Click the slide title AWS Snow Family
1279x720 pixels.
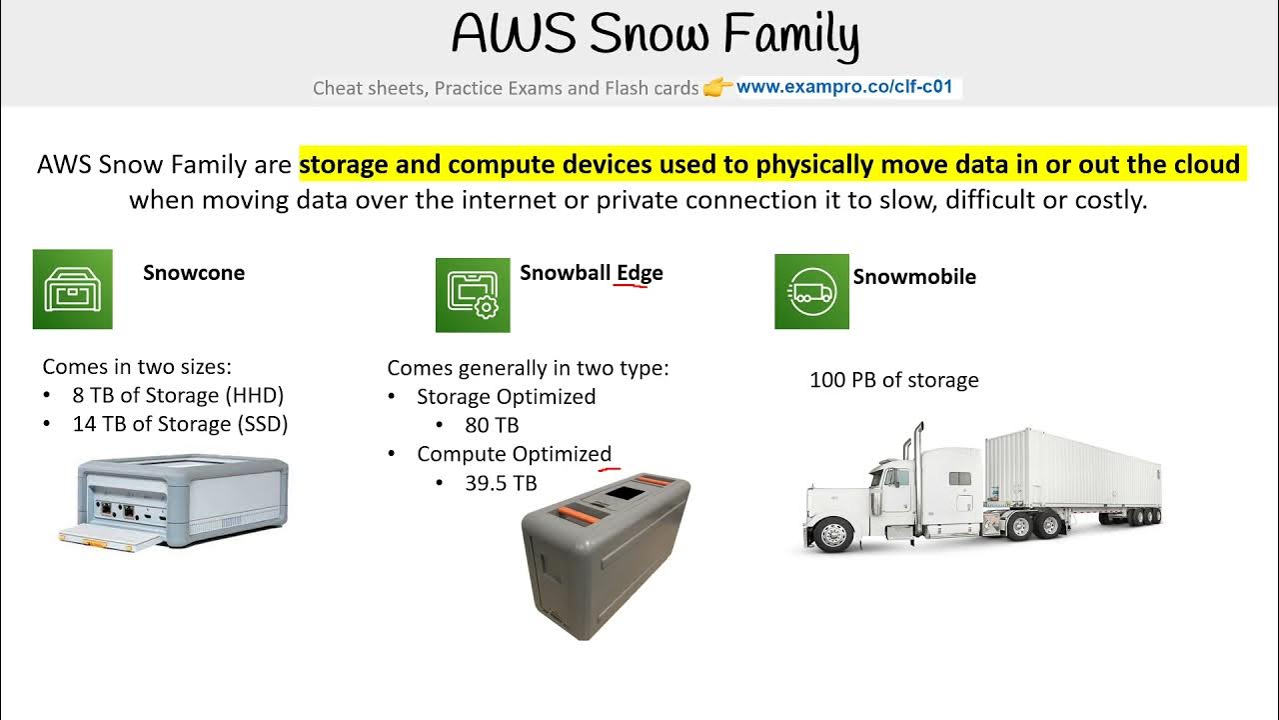[654, 36]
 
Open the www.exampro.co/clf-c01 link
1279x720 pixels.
[848, 87]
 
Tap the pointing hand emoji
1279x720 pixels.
[717, 88]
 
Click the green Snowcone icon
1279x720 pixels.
[73, 289]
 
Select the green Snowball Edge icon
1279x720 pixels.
[473, 295]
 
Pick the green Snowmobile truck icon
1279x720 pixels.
[811, 292]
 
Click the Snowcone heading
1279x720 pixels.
[194, 273]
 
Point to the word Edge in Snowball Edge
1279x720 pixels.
[639, 273]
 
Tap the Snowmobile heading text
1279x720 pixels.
[914, 277]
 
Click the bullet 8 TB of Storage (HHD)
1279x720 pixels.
[178, 395]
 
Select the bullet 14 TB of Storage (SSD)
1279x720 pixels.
[180, 424]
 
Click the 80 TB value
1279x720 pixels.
[492, 425]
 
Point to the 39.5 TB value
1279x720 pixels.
[501, 483]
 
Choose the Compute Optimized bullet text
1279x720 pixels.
[514, 454]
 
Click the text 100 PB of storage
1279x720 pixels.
[893, 380]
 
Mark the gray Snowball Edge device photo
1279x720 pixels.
[606, 555]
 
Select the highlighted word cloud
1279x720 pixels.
[1203, 164]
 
